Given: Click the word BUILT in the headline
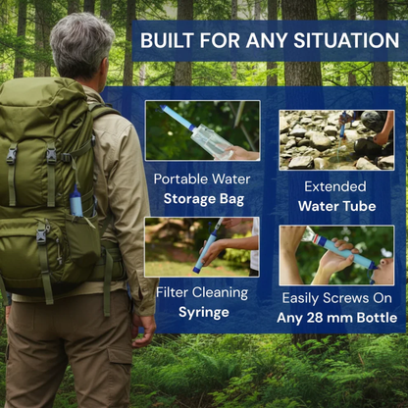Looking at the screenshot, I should (x=167, y=41).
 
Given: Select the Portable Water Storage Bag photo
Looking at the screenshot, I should (x=202, y=130).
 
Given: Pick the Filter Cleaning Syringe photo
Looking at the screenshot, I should (x=202, y=246).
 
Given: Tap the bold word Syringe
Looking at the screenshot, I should (x=202, y=312).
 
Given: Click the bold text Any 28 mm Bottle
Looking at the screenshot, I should (x=337, y=317).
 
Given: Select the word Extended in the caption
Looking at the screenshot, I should (x=335, y=185).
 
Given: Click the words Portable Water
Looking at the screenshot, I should (x=202, y=180).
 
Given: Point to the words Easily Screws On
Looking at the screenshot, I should (x=337, y=296).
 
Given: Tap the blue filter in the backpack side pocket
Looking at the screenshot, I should (x=76, y=202).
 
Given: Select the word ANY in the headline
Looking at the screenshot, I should (x=266, y=41).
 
